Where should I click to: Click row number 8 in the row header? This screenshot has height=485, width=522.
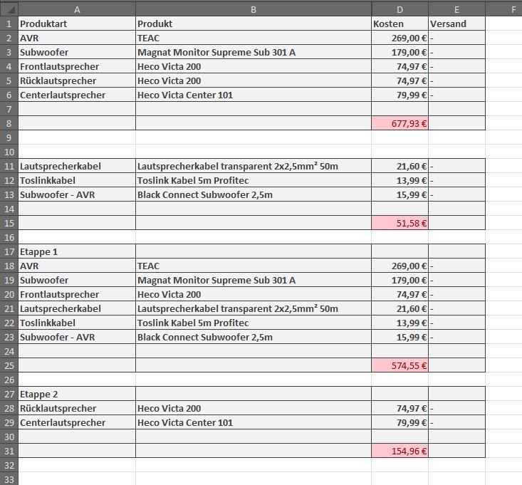point(9,123)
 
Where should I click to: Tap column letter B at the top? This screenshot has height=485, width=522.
point(254,9)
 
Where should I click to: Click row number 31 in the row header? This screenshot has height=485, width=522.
point(9,451)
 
